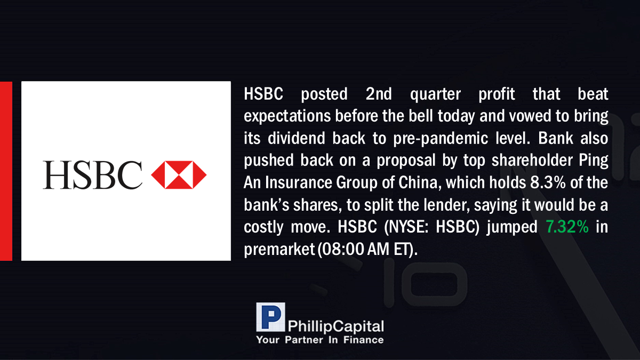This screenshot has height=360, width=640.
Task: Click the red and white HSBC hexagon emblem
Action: (179, 175)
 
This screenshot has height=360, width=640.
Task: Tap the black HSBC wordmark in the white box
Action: (92, 175)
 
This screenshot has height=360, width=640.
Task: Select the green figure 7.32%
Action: (567, 227)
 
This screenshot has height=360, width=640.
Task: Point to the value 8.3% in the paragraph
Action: (548, 182)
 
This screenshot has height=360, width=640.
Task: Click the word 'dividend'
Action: (297, 138)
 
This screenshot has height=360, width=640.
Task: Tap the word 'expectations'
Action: (287, 117)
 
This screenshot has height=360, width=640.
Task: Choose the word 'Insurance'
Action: (298, 182)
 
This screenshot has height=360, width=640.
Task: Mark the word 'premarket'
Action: (279, 250)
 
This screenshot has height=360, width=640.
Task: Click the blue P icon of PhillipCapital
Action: (270, 317)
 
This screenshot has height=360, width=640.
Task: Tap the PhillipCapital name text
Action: (335, 326)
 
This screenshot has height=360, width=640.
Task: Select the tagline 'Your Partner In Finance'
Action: (320, 340)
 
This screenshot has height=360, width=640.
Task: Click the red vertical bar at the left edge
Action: (6, 171)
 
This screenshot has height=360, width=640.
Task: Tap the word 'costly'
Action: (263, 228)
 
